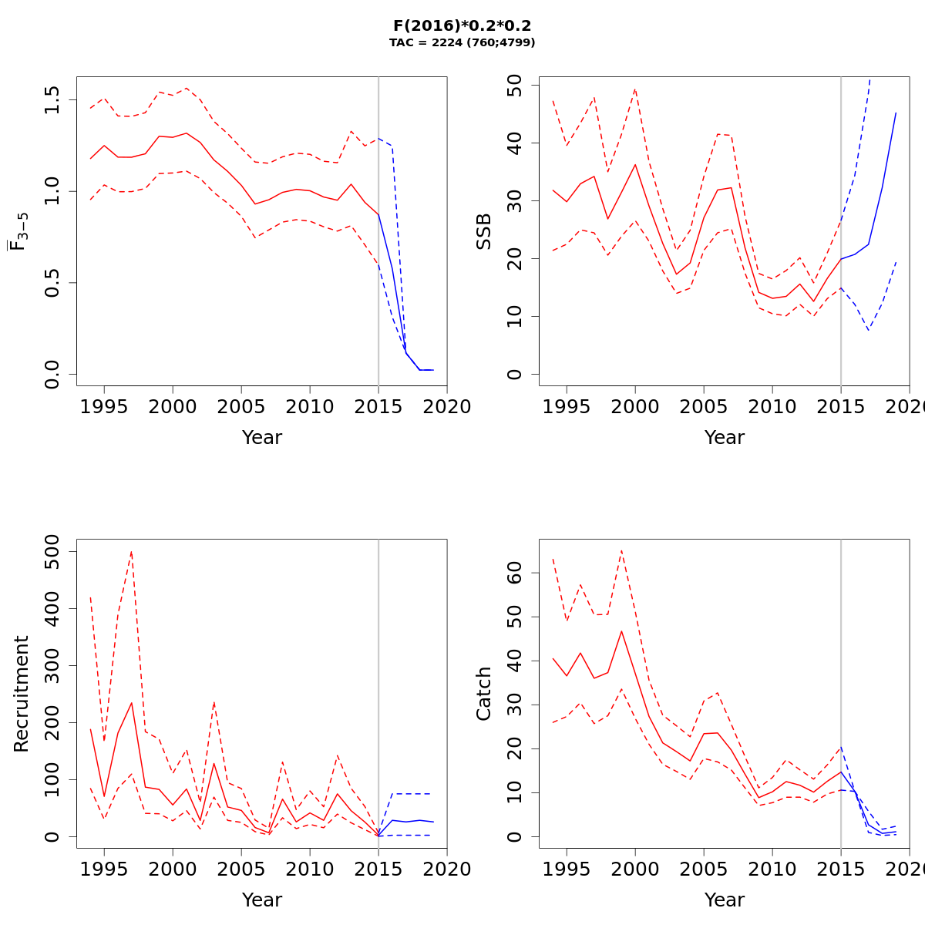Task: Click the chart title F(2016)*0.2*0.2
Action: [462, 25]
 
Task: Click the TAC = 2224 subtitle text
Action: [462, 43]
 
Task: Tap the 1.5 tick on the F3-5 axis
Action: [52, 100]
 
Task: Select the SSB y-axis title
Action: [483, 231]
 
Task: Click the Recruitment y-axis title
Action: [21, 694]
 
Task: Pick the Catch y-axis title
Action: [483, 694]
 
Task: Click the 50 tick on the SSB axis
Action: [514, 86]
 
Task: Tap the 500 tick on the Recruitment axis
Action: [52, 551]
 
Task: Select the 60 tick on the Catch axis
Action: [514, 573]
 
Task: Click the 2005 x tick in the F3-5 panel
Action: [241, 406]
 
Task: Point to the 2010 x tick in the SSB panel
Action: [772, 406]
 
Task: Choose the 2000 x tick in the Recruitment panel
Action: [173, 869]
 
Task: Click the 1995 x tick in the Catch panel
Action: [567, 869]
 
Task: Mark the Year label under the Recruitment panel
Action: [262, 900]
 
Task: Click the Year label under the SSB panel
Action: [725, 437]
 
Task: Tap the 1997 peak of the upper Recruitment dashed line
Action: [132, 551]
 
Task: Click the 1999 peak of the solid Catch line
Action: [621, 631]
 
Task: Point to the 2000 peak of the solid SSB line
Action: [635, 164]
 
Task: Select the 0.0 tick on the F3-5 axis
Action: [52, 375]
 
